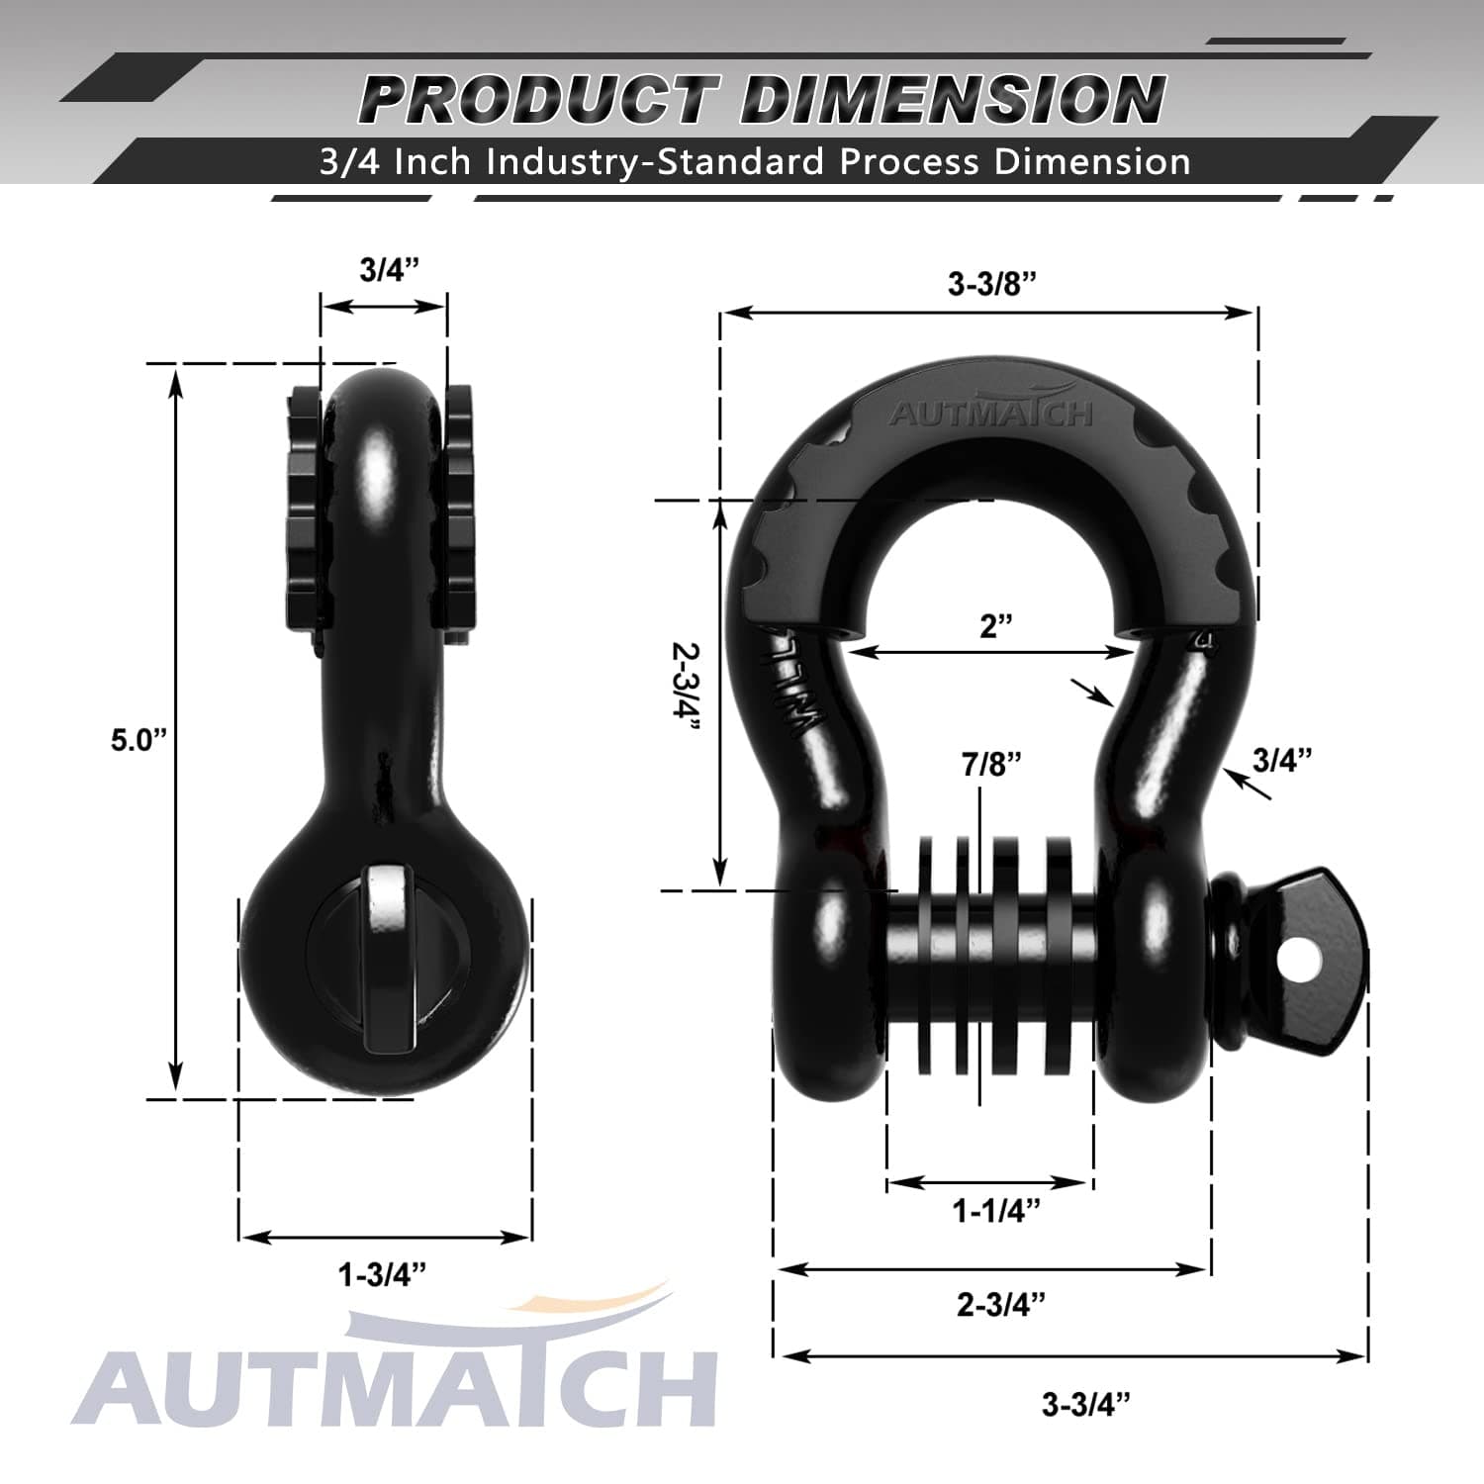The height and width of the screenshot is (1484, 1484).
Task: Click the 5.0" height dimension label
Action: tap(139, 740)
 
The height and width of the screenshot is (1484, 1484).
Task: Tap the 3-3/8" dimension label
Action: tap(991, 284)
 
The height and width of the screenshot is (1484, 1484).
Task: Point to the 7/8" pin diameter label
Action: tap(990, 764)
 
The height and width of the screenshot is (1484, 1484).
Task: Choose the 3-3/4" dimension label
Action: tap(1085, 1404)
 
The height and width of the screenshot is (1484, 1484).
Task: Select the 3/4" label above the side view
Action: tap(389, 269)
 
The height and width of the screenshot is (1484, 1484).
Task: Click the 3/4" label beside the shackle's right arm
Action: tap(1281, 760)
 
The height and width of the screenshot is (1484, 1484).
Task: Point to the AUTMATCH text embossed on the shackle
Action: tap(990, 413)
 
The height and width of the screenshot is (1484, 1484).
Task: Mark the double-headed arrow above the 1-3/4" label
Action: tap(386, 1237)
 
